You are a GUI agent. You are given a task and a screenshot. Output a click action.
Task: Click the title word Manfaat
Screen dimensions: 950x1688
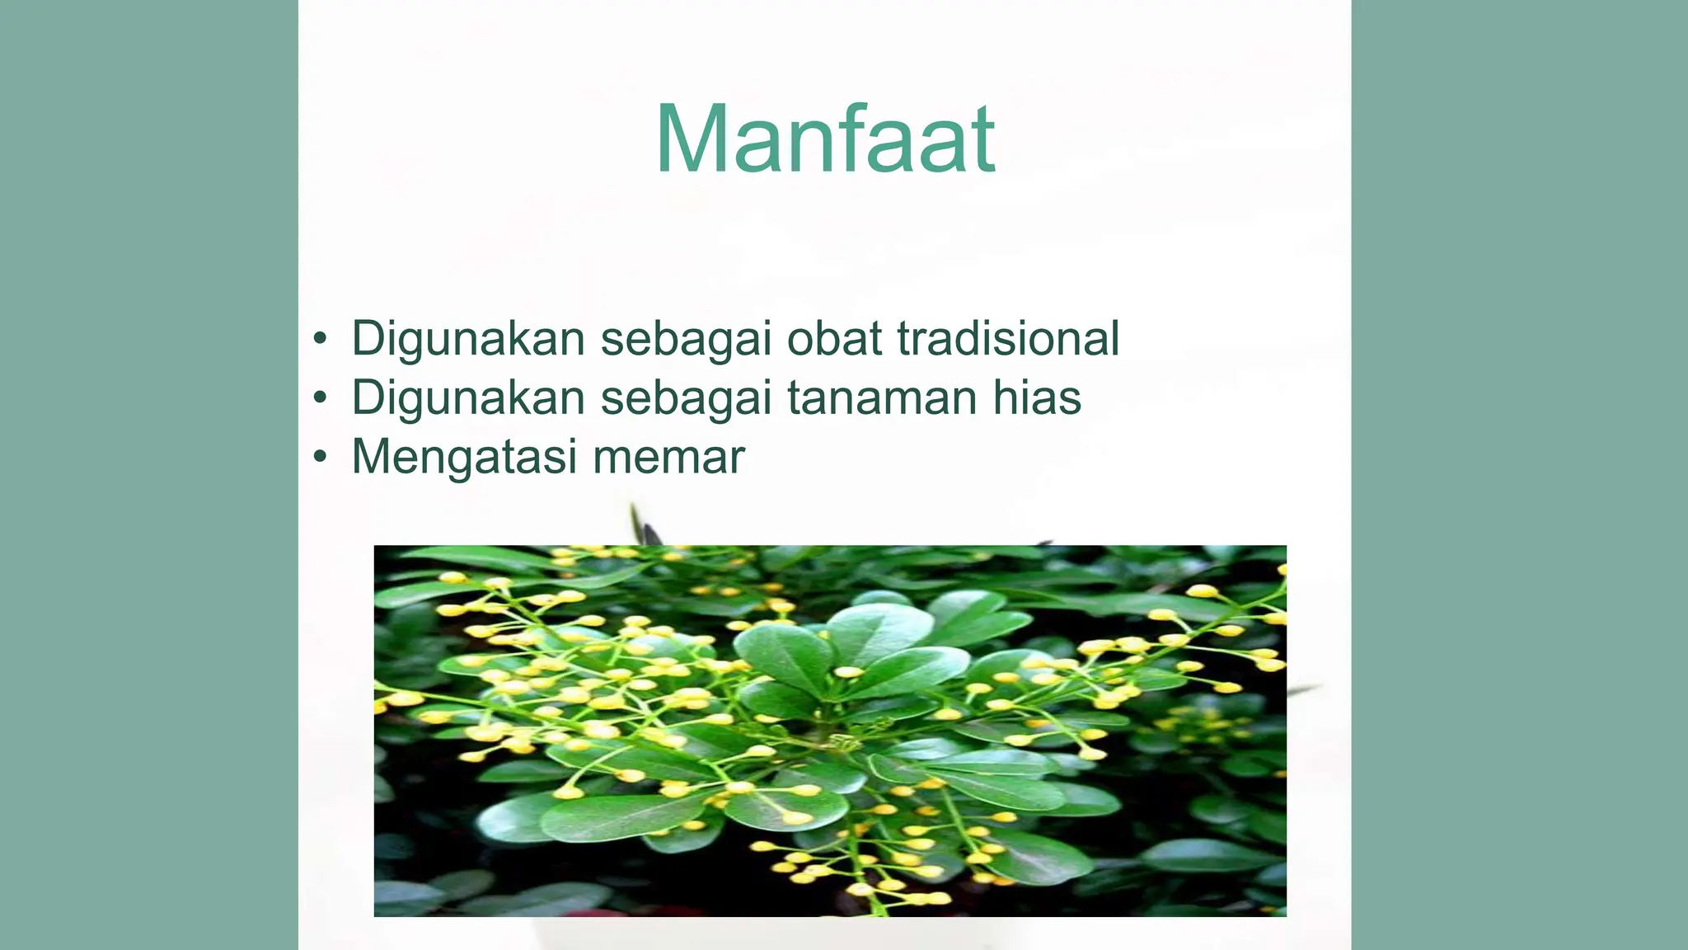[x=825, y=140]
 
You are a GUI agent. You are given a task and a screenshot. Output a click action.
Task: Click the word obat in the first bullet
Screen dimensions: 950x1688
[x=834, y=338]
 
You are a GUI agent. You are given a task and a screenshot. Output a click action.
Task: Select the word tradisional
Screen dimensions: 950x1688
[x=1008, y=338]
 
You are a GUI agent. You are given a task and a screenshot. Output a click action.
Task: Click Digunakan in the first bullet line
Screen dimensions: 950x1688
[x=468, y=338]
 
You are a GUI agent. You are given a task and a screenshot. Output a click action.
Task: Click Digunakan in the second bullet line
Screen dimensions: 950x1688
[x=468, y=397]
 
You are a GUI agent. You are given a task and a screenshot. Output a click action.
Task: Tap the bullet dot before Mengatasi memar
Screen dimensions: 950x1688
[x=320, y=458]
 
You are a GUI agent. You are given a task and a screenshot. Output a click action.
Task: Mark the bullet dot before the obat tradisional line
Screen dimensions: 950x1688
[x=320, y=339]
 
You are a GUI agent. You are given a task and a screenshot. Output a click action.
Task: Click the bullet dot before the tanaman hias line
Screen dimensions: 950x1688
[x=320, y=398]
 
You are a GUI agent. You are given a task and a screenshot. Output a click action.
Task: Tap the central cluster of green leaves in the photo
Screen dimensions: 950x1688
[x=857, y=660]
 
